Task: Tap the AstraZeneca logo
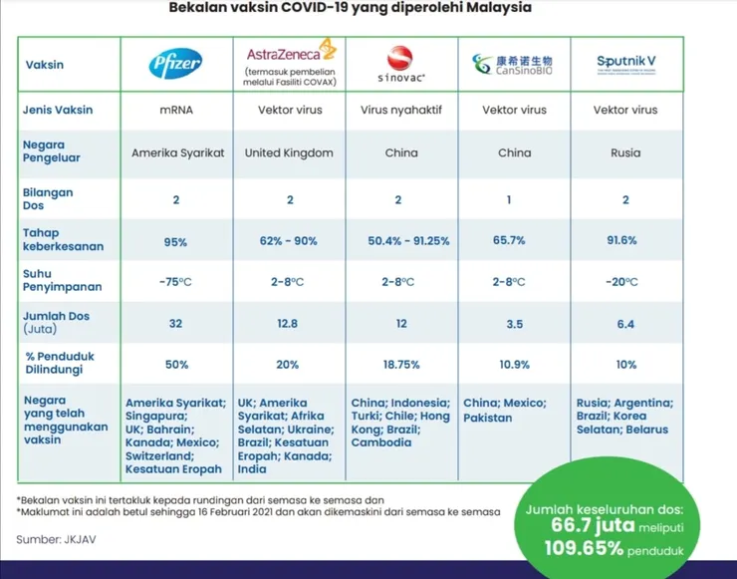pos(289,52)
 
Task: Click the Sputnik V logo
pos(625,62)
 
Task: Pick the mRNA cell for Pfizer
pos(176,110)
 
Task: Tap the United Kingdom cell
pos(289,153)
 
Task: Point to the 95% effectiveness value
pos(176,241)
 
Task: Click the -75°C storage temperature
pos(176,282)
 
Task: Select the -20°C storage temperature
pos(625,282)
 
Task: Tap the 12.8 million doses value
pos(288,323)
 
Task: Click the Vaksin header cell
pos(44,65)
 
